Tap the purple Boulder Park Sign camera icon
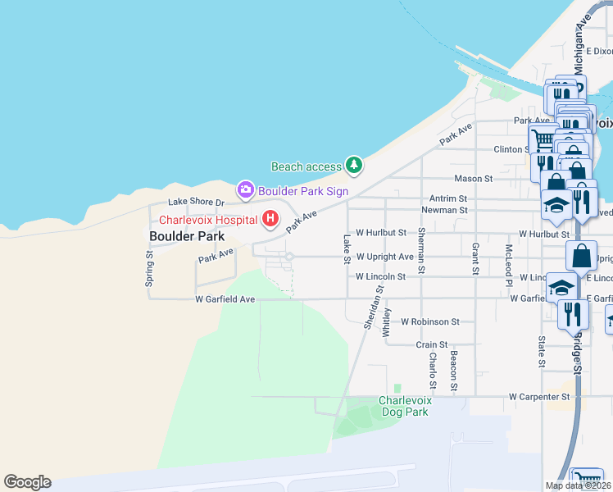tap(245, 190)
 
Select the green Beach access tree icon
tap(353, 166)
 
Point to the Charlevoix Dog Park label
tap(403, 406)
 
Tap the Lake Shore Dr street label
tap(196, 202)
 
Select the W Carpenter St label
tap(539, 397)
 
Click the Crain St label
tap(432, 345)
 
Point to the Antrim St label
tap(448, 198)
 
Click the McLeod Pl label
tap(509, 261)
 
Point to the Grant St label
tap(475, 257)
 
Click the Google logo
tap(27, 482)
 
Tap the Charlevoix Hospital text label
tap(208, 220)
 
